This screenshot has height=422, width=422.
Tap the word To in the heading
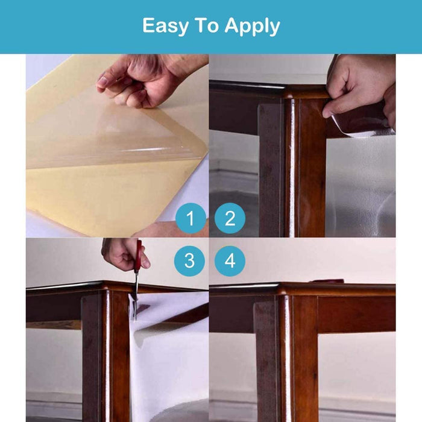[206, 25]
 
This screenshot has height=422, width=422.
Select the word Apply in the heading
[252, 27]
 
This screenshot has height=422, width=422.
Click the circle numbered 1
[191, 218]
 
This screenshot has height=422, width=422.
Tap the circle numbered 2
[230, 218]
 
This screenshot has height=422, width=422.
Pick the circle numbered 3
[189, 261]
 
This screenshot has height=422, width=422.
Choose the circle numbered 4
[230, 261]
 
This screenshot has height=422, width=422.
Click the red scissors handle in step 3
[139, 256]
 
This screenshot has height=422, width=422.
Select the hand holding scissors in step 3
[124, 254]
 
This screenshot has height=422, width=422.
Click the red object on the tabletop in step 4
[326, 282]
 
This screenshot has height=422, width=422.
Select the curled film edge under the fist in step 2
[361, 127]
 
